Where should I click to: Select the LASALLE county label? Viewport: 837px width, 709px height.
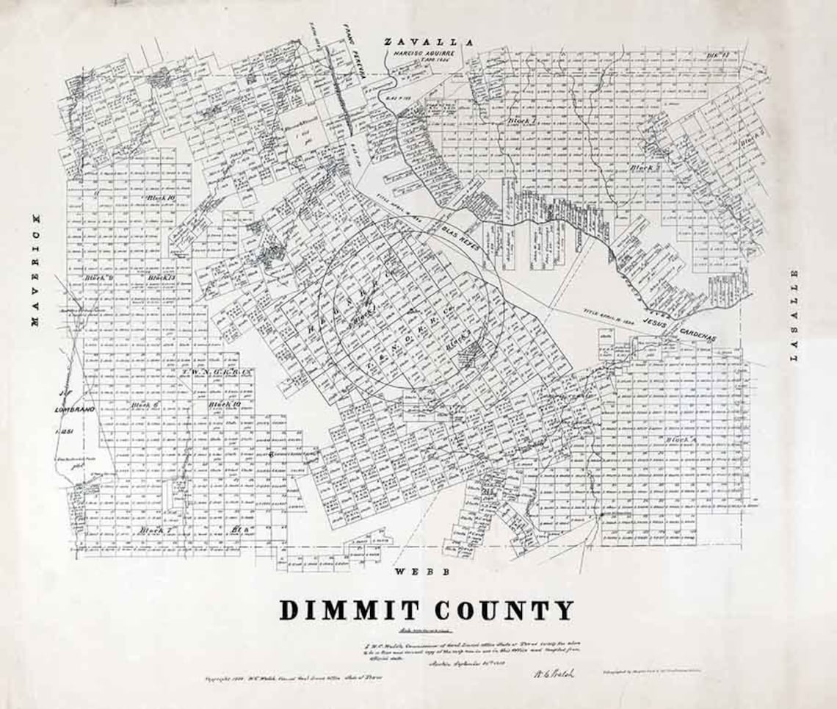[x=793, y=315]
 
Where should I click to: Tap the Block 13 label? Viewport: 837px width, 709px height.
[x=159, y=278]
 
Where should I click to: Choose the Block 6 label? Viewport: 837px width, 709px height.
[x=141, y=405]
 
